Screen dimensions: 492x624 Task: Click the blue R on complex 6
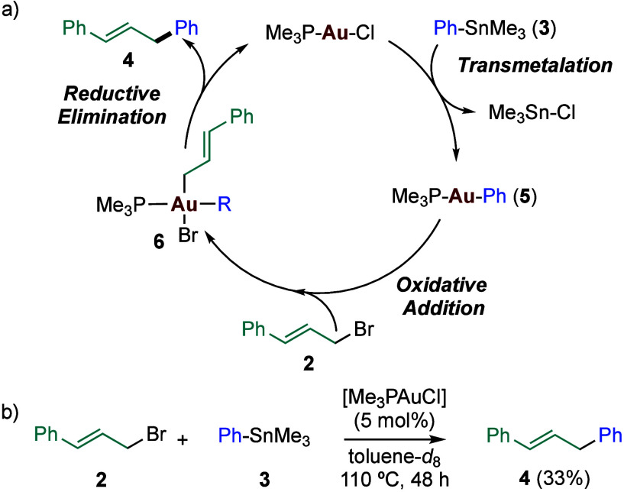pos(244,205)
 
